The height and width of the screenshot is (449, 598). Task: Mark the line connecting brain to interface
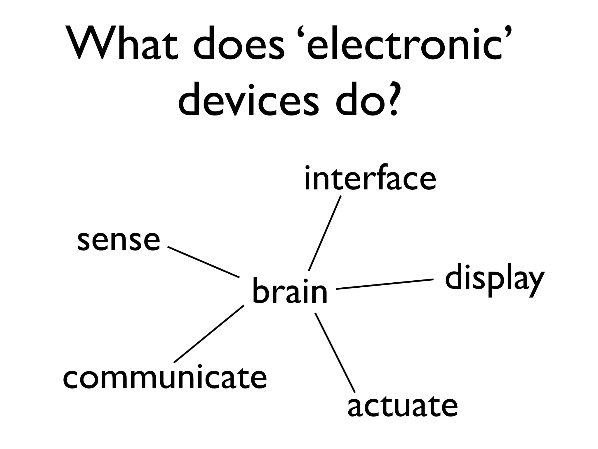coord(325,233)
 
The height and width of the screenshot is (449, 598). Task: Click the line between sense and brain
coord(204,262)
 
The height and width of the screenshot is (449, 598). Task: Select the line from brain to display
coord(385,284)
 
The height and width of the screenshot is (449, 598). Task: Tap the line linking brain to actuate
coord(335,353)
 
